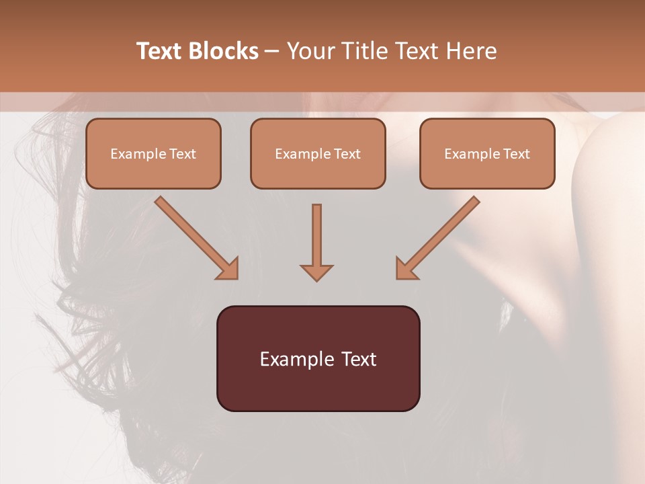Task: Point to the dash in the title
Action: (272, 52)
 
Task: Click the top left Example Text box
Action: (153, 154)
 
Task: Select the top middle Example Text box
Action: (318, 154)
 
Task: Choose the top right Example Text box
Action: (487, 154)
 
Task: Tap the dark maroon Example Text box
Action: (318, 358)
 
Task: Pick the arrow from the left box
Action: (195, 236)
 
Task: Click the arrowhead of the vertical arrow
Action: (316, 272)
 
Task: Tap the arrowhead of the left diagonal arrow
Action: (228, 269)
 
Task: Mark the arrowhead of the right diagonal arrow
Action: (406, 269)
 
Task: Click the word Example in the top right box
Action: (471, 154)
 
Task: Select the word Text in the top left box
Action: (183, 154)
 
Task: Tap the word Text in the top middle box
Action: (347, 154)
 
